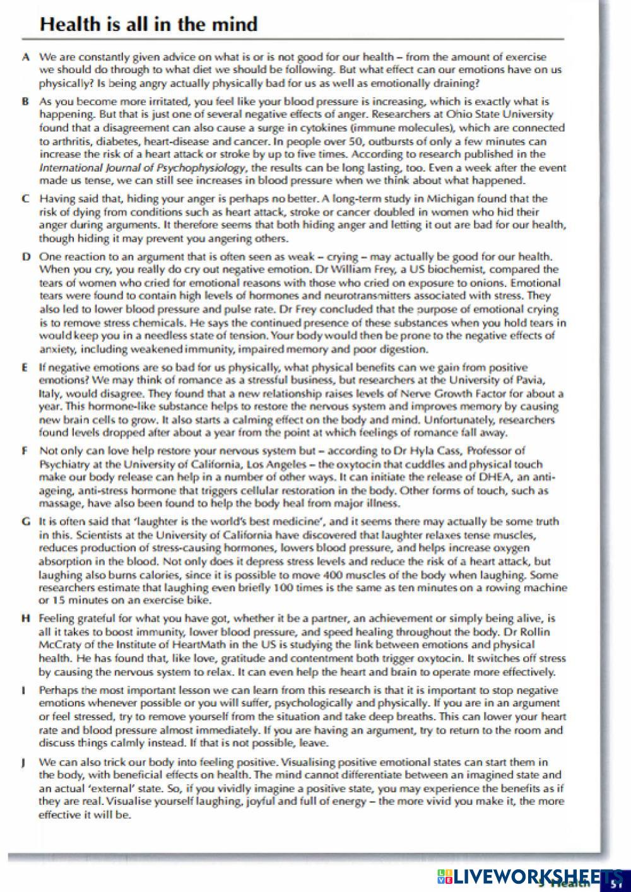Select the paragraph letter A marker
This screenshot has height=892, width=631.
[x=25, y=57]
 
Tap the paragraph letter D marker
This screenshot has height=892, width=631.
[x=25, y=257]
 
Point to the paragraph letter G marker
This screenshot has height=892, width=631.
[x=25, y=522]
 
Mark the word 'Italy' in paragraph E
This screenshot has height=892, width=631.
[x=50, y=394]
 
